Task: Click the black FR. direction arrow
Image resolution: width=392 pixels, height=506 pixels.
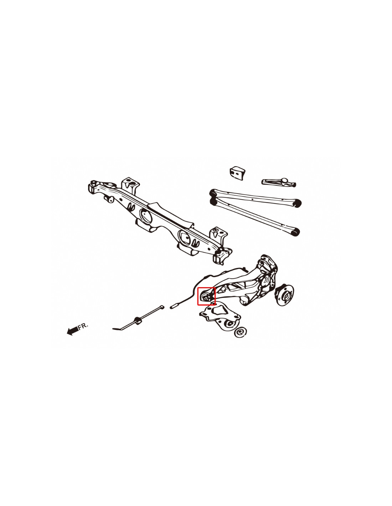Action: (x=72, y=331)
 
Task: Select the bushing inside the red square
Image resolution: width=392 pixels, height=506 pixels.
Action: (x=206, y=297)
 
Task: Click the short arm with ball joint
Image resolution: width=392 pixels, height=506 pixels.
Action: (x=278, y=182)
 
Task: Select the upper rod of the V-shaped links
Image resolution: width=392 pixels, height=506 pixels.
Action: (x=256, y=198)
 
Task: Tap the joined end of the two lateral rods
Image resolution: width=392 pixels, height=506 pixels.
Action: (x=212, y=197)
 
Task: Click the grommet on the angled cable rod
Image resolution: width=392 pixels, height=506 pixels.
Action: (x=138, y=321)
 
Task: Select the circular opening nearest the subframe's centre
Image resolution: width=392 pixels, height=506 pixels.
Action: (x=146, y=216)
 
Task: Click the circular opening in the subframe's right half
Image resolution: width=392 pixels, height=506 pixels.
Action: (x=184, y=237)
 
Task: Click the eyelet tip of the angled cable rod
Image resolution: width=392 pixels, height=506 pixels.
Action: (x=162, y=307)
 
